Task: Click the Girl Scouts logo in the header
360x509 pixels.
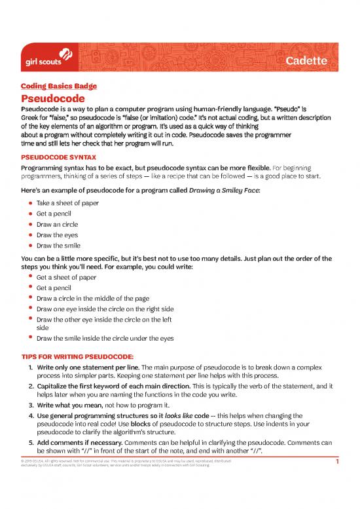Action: coord(44,60)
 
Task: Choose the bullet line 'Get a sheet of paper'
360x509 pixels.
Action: coord(67,277)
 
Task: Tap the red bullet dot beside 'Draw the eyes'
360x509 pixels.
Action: coord(30,235)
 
